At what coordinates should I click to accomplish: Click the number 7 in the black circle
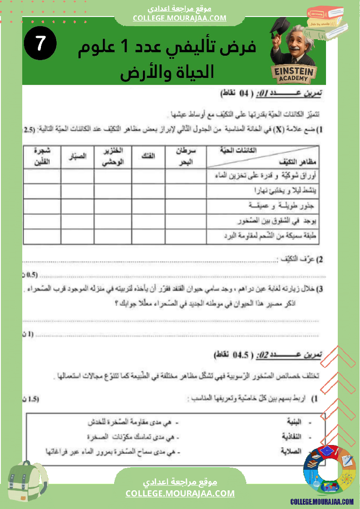tap(41, 44)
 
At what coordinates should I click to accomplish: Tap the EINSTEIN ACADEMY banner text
tap(294, 74)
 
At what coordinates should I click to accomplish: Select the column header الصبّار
tap(78, 156)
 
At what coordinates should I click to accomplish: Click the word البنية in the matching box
tap(294, 422)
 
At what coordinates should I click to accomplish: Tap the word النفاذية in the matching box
tap(292, 437)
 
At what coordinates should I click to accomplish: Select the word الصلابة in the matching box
tap(292, 452)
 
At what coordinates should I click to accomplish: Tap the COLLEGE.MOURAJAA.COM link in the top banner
tap(180, 18)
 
